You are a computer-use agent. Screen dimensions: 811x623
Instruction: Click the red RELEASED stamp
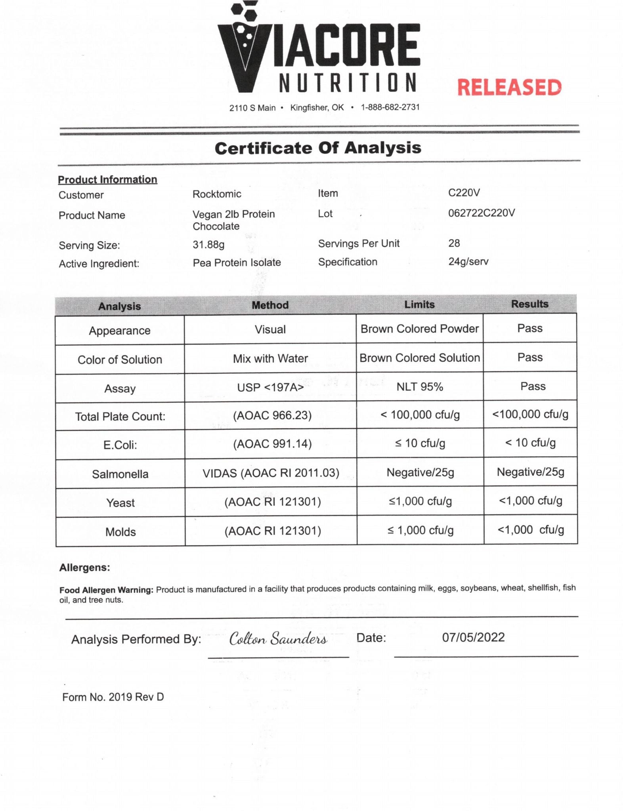click(509, 88)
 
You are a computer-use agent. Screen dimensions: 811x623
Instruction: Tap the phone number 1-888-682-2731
click(390, 107)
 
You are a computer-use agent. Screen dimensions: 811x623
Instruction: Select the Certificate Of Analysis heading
click(318, 148)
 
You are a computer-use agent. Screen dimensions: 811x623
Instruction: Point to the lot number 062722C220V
click(482, 213)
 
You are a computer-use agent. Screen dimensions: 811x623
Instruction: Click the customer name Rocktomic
click(217, 194)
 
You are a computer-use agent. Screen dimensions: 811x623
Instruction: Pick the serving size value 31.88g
click(208, 244)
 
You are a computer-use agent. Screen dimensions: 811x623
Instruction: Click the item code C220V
click(464, 193)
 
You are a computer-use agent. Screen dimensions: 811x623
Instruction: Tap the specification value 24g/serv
click(468, 261)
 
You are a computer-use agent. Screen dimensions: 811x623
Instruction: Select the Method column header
click(270, 305)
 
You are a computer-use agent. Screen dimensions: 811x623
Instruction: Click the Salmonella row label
click(120, 474)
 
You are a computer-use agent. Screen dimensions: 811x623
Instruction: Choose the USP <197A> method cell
click(270, 387)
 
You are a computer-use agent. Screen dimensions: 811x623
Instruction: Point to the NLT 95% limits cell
click(420, 387)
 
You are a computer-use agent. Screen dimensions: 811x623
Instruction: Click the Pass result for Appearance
click(530, 328)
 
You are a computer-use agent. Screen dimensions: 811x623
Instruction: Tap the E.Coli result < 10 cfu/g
click(530, 443)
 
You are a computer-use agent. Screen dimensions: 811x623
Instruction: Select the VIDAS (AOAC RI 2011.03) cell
click(271, 473)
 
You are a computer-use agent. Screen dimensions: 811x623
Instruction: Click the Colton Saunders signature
click(278, 639)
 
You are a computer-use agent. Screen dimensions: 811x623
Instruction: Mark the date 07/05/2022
click(474, 637)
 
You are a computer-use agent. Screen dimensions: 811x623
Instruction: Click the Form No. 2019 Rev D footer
click(113, 697)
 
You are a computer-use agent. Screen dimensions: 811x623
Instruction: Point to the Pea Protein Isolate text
click(237, 263)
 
